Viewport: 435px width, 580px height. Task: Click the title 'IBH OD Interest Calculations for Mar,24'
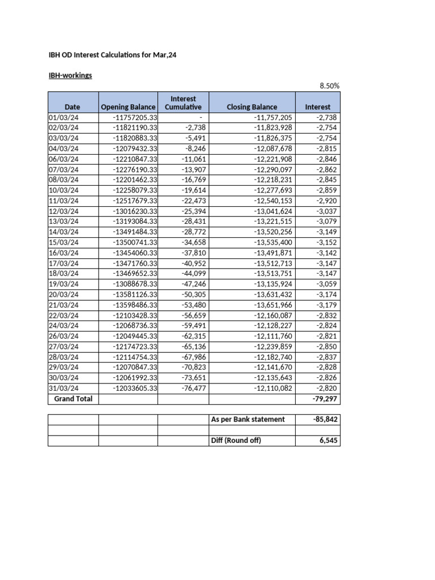(x=116, y=55)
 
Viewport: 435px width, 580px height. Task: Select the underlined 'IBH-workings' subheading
(x=70, y=75)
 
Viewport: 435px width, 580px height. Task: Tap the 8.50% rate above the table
(x=329, y=86)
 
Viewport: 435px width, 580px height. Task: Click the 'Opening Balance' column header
(x=127, y=106)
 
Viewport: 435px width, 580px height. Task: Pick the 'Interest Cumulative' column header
(x=183, y=103)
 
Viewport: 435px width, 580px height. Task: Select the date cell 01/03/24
(x=64, y=117)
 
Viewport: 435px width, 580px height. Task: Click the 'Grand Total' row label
(x=73, y=399)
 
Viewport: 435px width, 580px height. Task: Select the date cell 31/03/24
(x=64, y=388)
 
